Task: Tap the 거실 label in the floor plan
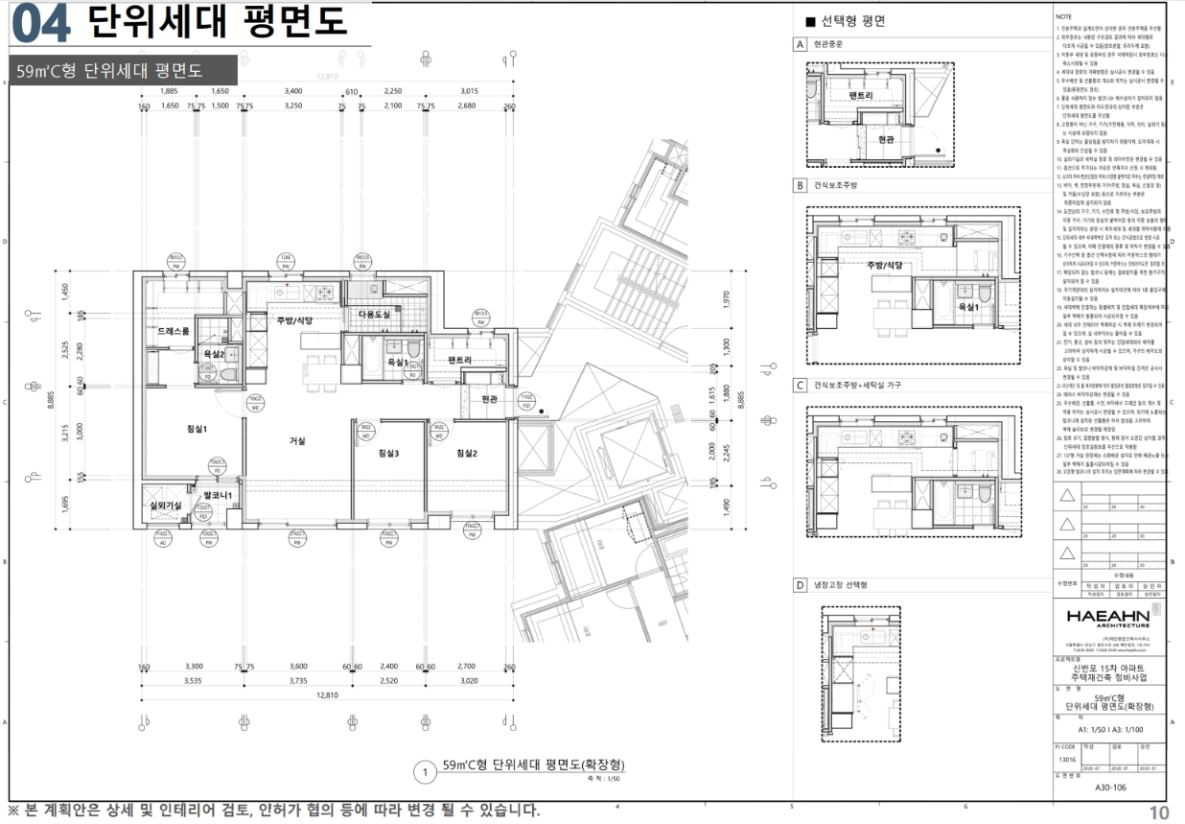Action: (297, 441)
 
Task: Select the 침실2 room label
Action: (467, 453)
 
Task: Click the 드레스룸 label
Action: (174, 331)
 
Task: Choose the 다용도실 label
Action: (374, 315)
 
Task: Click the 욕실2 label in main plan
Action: (214, 355)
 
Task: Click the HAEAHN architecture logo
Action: (1114, 615)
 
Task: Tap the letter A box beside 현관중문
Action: (799, 45)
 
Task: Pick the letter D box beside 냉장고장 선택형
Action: (799, 584)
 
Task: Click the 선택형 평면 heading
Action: (852, 21)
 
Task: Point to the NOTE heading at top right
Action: (1063, 17)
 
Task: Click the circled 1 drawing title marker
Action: (423, 770)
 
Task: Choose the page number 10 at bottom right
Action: (1159, 812)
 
